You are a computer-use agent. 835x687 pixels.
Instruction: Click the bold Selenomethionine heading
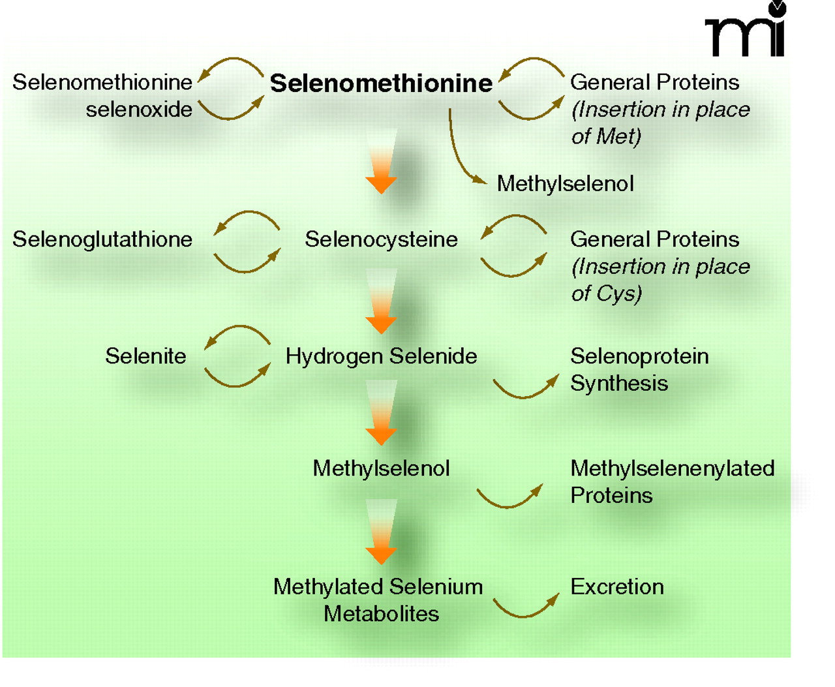pos(381,84)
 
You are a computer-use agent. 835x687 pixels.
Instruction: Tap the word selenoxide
pos(139,110)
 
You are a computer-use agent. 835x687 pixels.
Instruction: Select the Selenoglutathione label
pos(102,239)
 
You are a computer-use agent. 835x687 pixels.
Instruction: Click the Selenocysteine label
pos(381,239)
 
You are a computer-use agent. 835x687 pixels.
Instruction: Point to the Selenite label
pos(145,356)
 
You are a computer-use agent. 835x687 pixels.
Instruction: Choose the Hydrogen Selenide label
pos(381,356)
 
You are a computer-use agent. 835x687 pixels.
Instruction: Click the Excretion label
pos(616,587)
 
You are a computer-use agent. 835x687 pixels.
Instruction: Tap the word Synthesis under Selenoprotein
pos(618,383)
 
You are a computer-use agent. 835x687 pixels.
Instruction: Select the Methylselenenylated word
pos(672,468)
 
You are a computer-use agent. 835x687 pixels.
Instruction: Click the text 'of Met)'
pos(606,136)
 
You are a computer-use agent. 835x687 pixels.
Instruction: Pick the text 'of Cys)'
pos(606,294)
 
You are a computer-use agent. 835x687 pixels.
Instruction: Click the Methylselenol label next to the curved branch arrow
pos(565,184)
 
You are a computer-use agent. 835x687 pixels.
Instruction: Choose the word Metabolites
pos(381,614)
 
